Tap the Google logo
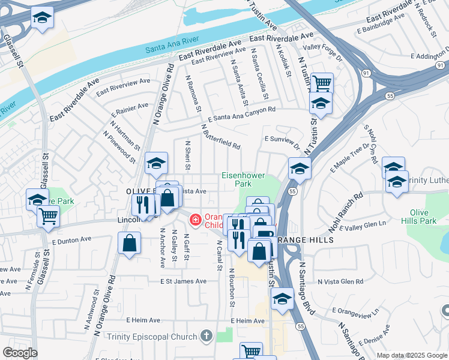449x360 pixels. pyautogui.click(x=19, y=353)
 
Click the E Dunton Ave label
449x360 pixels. pyautogui.click(x=71, y=239)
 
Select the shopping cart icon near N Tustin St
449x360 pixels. pyautogui.click(x=322, y=82)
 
